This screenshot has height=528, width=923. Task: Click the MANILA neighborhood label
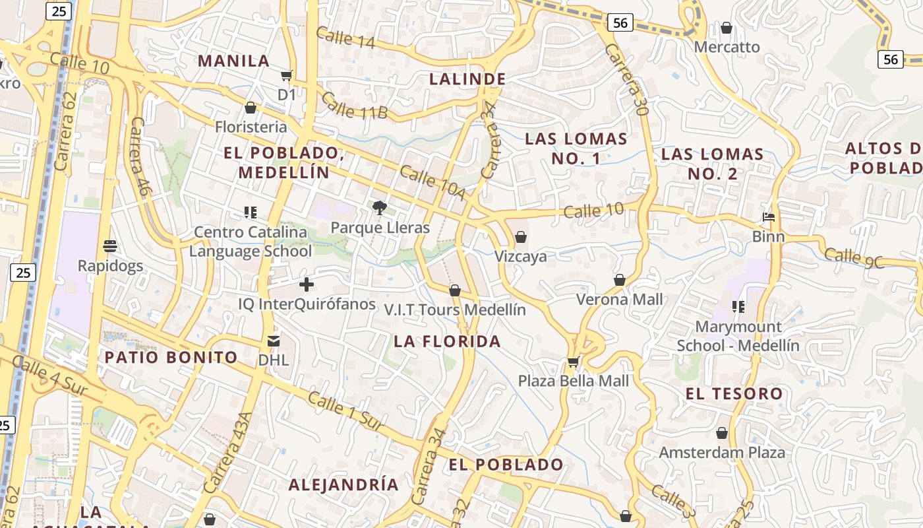[x=234, y=61]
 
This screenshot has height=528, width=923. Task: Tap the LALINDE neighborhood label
[x=467, y=79]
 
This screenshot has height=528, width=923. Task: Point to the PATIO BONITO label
[x=171, y=358]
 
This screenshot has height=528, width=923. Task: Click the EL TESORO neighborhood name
[x=734, y=394]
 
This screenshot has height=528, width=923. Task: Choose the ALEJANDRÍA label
[x=343, y=484]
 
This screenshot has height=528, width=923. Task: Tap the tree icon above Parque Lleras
[x=379, y=209]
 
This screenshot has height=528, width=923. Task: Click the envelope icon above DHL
[x=273, y=341]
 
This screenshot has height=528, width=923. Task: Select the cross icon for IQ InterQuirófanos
[x=307, y=284]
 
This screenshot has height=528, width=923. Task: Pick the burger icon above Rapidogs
[x=110, y=246]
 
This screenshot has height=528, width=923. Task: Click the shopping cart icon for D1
[x=286, y=75]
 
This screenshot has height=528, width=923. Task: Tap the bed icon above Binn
[x=769, y=216]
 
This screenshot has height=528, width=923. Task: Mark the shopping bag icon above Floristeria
[x=251, y=107]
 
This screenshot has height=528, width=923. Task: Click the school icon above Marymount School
[x=738, y=306]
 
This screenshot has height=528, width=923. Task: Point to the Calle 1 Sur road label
[x=345, y=412]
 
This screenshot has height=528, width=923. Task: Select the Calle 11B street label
[x=355, y=106]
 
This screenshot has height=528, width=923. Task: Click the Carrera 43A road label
[x=228, y=453]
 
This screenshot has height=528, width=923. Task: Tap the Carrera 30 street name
[x=626, y=79]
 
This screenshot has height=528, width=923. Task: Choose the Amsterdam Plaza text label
[x=722, y=453]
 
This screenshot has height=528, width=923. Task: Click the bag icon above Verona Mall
[x=619, y=280]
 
